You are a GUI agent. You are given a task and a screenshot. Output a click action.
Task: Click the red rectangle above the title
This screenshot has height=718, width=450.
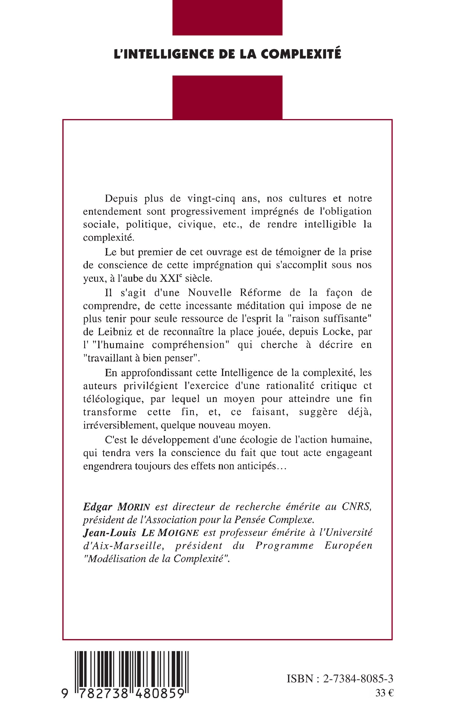[227, 18]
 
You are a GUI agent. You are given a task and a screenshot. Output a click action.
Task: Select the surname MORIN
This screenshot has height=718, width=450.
[134, 507]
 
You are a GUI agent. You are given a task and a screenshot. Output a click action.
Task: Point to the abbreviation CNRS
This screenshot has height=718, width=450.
[356, 507]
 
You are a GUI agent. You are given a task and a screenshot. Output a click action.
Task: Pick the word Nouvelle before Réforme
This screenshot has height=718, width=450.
[210, 293]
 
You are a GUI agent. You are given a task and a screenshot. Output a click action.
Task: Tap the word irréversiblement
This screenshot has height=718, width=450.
[120, 425]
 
